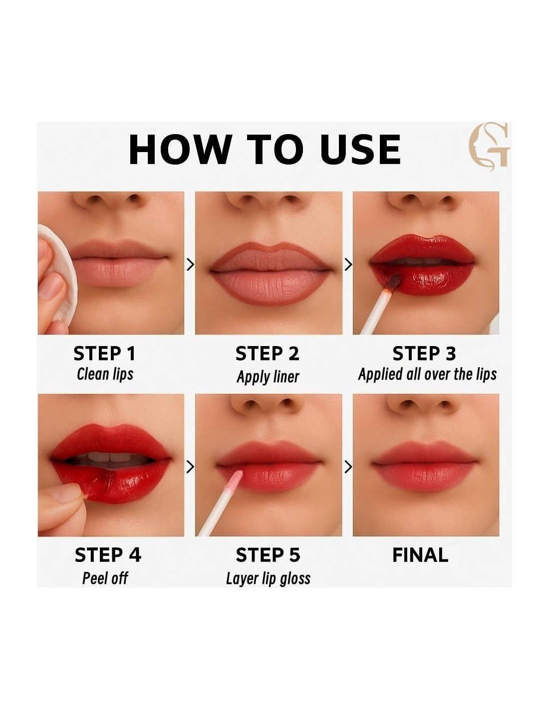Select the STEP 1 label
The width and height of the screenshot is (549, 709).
pos(104,354)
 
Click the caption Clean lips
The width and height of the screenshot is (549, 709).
pos(105,374)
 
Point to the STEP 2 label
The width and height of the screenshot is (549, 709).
pos(267,354)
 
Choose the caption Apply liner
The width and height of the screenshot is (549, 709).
pos(268,376)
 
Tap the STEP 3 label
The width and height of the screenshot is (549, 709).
pos(424,354)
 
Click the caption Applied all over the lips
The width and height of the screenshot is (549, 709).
pos(427,374)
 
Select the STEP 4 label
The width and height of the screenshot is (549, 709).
pos(108,554)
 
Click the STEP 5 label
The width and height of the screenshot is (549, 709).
pos(268,554)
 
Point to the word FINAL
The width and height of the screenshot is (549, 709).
pos(420,554)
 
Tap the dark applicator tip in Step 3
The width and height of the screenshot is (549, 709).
pos(394,282)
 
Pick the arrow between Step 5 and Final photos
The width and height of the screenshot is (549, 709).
pos(348,467)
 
